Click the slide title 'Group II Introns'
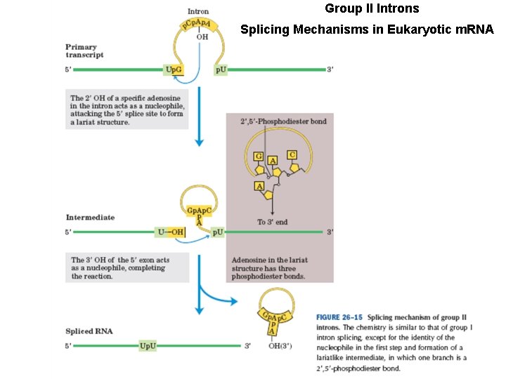[372, 9]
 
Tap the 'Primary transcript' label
[84, 51]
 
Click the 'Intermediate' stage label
[90, 218]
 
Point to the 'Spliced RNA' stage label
[89, 331]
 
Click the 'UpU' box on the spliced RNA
[148, 345]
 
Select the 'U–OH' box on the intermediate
[169, 231]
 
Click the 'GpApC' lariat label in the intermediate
[198, 211]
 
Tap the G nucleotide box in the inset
[259, 155]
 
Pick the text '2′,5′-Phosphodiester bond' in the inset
[283, 121]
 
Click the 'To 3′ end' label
[272, 222]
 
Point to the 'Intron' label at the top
[198, 11]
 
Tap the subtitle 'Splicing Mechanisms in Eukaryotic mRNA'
[367, 29]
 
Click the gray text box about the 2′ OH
[129, 109]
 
